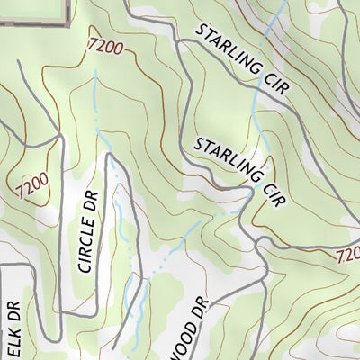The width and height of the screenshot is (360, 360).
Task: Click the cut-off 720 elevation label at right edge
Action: pyautogui.click(x=348, y=256)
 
